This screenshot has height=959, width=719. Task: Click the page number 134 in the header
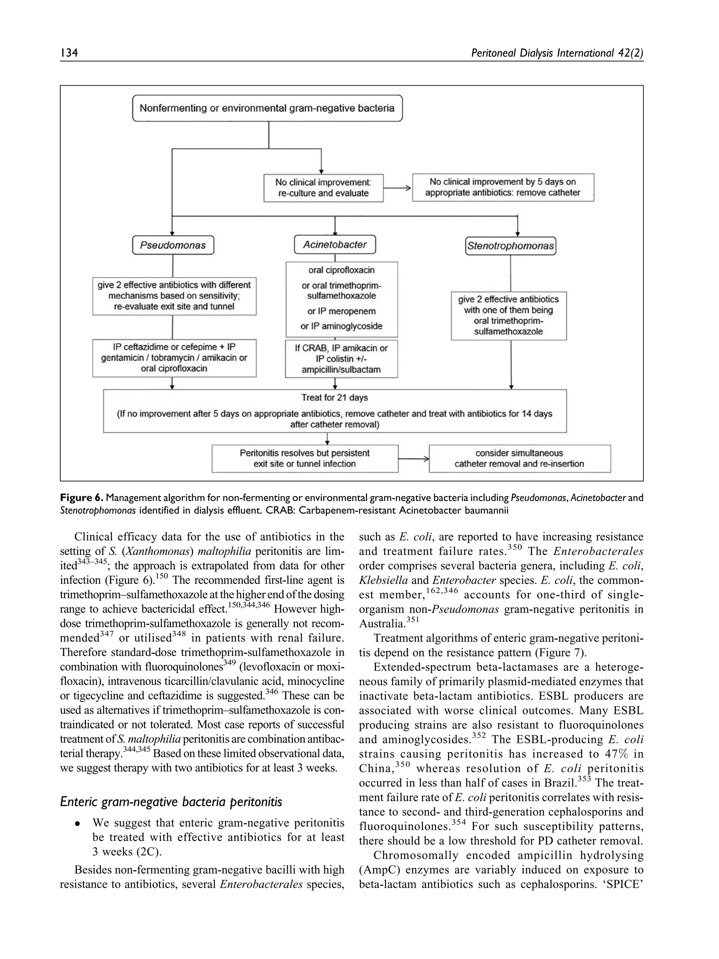point(69,53)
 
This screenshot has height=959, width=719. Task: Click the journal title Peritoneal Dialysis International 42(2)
point(556,53)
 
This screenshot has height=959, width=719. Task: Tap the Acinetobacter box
point(335,244)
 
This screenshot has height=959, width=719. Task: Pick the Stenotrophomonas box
point(510,246)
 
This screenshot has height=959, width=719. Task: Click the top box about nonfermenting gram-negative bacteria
point(267,108)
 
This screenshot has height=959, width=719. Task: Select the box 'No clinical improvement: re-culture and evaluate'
point(323,188)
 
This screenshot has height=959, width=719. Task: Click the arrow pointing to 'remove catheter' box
point(397,188)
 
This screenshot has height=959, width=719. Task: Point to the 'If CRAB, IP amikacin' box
point(341,359)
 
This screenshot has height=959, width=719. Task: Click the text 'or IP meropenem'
point(342,311)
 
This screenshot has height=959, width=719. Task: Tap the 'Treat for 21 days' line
point(335,398)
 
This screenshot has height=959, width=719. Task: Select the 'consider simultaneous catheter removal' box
point(519,458)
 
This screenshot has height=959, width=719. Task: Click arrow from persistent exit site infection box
point(413,458)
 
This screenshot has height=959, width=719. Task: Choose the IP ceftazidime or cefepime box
point(174,358)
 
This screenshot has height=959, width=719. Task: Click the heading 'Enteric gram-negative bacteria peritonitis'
point(171,802)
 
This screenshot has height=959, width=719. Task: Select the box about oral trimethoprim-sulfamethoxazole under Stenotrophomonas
point(508,315)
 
